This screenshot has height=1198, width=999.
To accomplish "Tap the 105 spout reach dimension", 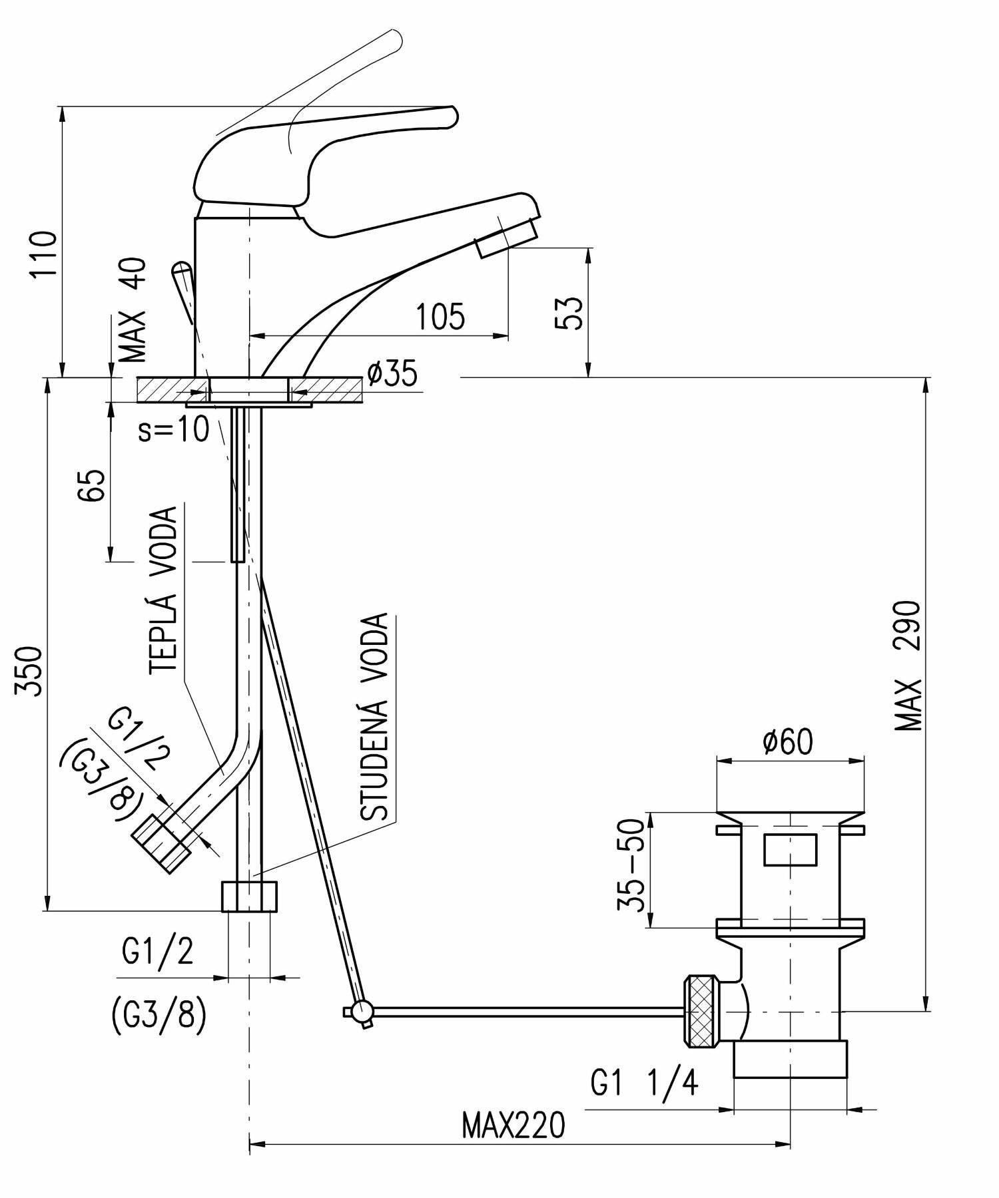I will (x=440, y=317).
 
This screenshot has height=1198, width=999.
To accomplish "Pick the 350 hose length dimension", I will (x=31, y=670).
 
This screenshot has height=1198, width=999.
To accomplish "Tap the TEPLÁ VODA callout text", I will (x=163, y=591).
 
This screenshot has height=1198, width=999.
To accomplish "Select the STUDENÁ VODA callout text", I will (x=374, y=717).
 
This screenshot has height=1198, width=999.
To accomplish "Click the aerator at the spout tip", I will (x=507, y=238).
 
